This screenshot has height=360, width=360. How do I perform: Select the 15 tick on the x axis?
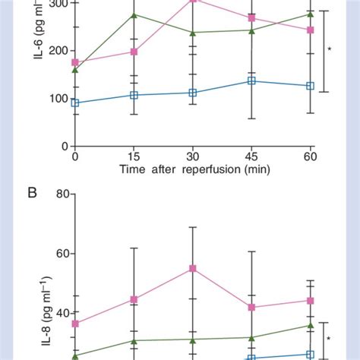(134, 156)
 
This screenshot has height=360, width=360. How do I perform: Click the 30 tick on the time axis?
(193, 156)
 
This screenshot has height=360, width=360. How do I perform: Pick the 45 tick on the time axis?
(251, 156)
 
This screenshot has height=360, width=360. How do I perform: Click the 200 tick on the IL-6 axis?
(58, 50)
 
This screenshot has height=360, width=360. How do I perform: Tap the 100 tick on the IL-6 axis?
(58, 98)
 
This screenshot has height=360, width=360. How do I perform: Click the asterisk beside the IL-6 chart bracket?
(330, 50)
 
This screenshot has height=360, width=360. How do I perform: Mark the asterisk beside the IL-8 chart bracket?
(330, 339)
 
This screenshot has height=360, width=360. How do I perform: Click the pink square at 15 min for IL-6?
(134, 52)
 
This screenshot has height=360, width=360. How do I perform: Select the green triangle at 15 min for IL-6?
(134, 15)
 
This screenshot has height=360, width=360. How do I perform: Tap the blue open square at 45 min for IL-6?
(251, 81)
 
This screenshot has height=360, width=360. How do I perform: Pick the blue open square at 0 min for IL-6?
(74, 103)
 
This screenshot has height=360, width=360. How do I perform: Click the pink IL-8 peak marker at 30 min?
(193, 268)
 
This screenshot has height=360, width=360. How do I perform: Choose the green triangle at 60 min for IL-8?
(310, 325)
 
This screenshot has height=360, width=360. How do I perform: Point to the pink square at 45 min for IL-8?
(251, 308)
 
